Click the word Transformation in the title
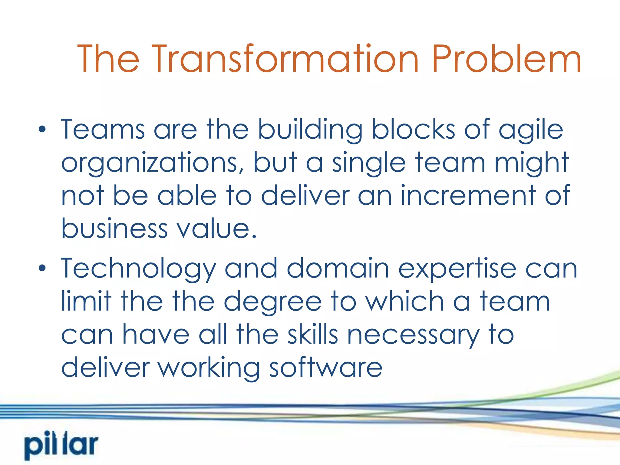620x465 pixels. pos(285,59)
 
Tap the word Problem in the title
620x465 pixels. pos(506,59)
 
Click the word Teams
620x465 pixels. pos(103,130)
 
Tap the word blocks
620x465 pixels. pos(413,130)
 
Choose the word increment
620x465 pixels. pos(468,196)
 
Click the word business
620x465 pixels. pos(114,229)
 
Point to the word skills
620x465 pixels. pos(312,334)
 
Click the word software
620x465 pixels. pos(326,367)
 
